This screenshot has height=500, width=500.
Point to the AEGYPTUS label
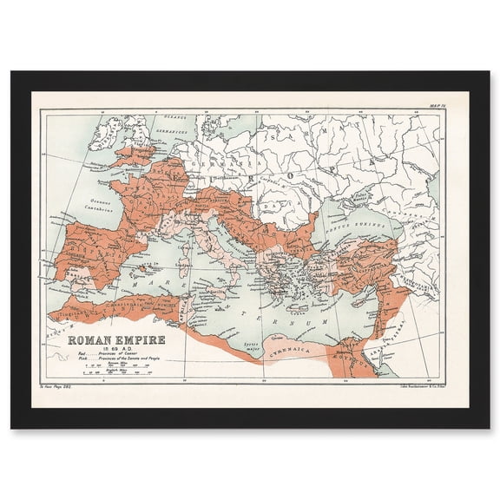[347, 356]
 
